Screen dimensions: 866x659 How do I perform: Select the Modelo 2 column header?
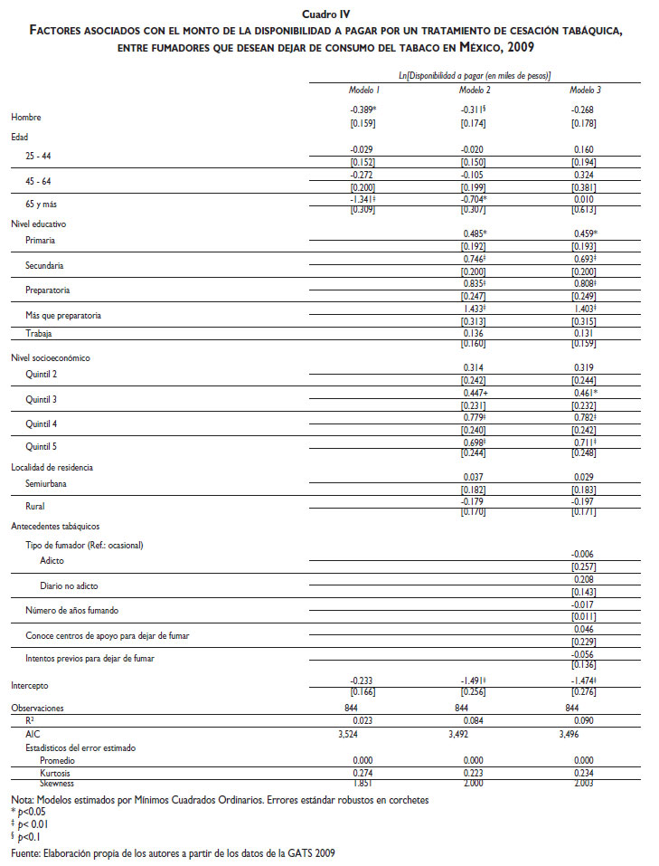[x=475, y=90]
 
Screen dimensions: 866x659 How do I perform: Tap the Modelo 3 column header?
[x=585, y=90]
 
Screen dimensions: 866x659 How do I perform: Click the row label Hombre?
[x=26, y=118]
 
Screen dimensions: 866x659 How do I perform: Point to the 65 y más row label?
[x=42, y=204]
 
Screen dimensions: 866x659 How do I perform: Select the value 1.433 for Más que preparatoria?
[x=475, y=309]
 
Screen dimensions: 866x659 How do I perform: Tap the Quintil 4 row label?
[x=42, y=423]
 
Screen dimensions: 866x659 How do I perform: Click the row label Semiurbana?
[x=47, y=484]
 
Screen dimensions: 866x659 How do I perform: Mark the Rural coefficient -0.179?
[x=475, y=501]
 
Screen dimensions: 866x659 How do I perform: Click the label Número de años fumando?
[x=73, y=612]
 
